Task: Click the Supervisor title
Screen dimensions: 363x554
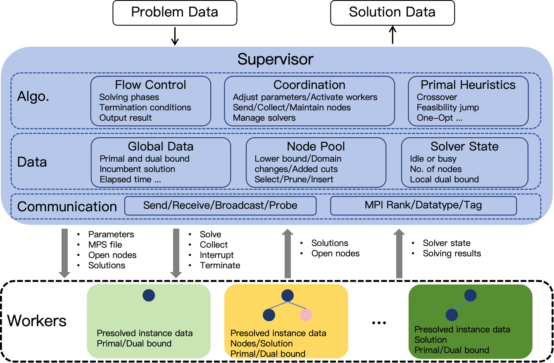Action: pyautogui.click(x=275, y=59)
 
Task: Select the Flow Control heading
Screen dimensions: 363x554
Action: pyautogui.click(x=150, y=85)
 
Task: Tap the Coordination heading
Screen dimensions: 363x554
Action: pyautogui.click(x=309, y=85)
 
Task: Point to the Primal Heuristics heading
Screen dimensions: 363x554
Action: pyautogui.click(x=468, y=85)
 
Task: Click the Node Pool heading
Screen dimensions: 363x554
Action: pyautogui.click(x=316, y=146)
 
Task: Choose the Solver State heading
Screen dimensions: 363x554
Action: pyautogui.click(x=464, y=146)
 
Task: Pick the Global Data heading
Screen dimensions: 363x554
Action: pyautogui.click(x=160, y=146)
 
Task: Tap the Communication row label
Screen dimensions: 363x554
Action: pyautogui.click(x=67, y=206)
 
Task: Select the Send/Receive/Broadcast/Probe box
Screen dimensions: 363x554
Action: pyautogui.click(x=220, y=205)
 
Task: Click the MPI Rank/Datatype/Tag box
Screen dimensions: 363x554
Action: pyautogui.click(x=423, y=205)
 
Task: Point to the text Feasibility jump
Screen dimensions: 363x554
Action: pyautogui.click(x=448, y=107)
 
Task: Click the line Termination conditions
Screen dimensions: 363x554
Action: pyautogui.click(x=145, y=107)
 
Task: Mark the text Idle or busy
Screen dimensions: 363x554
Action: pyautogui.click(x=433, y=159)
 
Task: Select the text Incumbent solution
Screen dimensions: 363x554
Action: pyautogui.click(x=137, y=169)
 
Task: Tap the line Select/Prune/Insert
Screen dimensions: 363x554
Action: pyautogui.click(x=294, y=179)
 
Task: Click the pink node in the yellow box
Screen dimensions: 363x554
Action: pyautogui.click(x=306, y=315)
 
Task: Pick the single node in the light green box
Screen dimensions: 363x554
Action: pyautogui.click(x=149, y=295)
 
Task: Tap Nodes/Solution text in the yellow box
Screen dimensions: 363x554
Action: pyautogui.click(x=261, y=344)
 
